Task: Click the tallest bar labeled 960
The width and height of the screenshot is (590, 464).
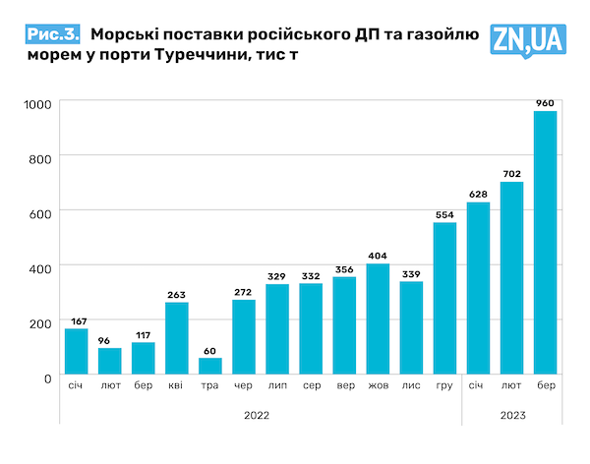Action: (545, 244)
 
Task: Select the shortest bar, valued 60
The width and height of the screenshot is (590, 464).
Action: (209, 367)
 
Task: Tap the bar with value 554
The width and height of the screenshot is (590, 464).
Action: (444, 300)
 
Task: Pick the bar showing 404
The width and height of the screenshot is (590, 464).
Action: (378, 319)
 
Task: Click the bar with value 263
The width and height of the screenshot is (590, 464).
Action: (177, 339)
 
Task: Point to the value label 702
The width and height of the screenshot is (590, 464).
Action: (511, 174)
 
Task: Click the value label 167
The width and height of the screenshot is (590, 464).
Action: (77, 320)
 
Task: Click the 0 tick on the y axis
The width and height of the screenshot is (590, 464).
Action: (48, 377)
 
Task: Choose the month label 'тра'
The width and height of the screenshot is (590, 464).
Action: (209, 385)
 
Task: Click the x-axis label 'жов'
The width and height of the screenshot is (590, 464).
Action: (378, 385)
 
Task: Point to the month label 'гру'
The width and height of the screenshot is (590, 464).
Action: (444, 385)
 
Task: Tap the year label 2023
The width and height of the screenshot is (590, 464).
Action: (511, 416)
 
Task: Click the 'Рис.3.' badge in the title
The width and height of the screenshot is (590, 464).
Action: (53, 34)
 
